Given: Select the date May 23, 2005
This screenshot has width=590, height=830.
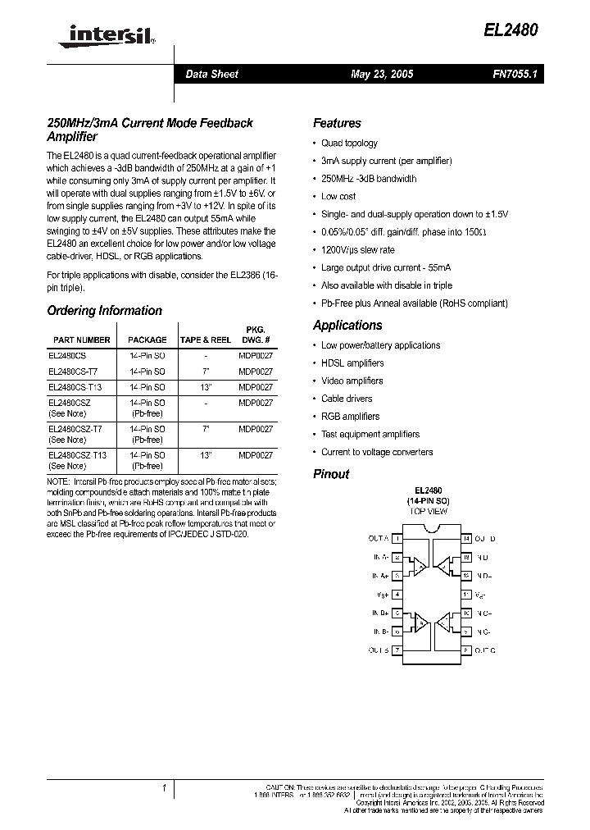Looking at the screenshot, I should [382, 74].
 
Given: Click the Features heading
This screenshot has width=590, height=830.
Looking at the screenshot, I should [337, 123].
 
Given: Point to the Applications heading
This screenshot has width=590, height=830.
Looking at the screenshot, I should [347, 325].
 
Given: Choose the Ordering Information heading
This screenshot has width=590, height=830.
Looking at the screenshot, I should [105, 311].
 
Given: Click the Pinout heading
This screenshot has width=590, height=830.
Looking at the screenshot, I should [331, 474].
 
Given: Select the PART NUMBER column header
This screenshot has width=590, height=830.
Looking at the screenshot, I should [82, 340].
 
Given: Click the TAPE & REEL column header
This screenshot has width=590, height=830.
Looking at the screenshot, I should [205, 340].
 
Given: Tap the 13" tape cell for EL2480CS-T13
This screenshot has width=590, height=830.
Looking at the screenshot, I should [205, 387].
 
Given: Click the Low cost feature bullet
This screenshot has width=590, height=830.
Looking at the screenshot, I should [338, 196].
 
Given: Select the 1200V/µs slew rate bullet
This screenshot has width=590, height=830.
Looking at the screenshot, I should [358, 250].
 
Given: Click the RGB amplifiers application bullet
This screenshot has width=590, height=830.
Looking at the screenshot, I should [350, 417].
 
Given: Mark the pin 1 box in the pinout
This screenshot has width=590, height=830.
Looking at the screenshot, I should [397, 539].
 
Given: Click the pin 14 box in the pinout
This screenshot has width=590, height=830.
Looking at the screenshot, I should [465, 539].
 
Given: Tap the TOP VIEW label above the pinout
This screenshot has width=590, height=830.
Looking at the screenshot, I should [429, 511].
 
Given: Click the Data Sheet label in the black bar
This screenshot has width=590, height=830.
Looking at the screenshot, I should [212, 74].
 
